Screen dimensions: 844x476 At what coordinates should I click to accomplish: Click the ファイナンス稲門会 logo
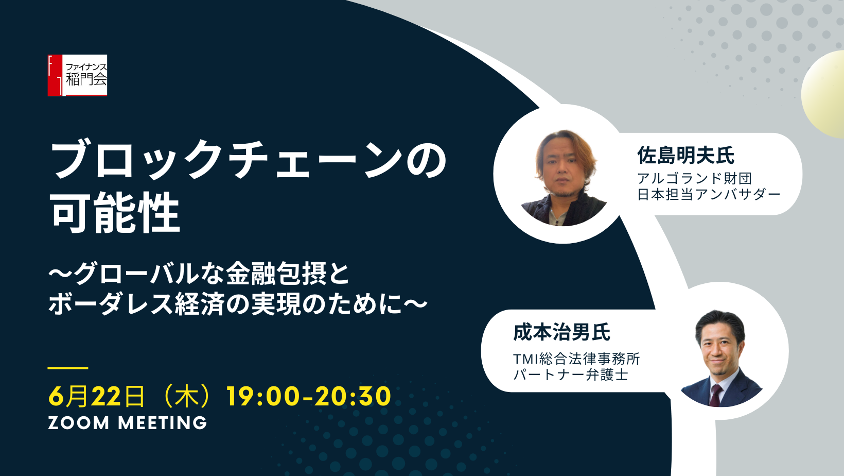pyautogui.click(x=77, y=75)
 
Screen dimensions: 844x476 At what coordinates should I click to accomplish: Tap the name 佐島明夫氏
pyautogui.click(x=685, y=156)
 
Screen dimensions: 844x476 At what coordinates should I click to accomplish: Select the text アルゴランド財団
pyautogui.click(x=694, y=179)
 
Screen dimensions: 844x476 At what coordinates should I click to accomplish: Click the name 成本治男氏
pyautogui.click(x=561, y=332)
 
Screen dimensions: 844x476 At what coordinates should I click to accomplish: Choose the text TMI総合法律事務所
pyautogui.click(x=576, y=359)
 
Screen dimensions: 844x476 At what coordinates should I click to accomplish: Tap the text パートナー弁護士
pyautogui.click(x=570, y=376)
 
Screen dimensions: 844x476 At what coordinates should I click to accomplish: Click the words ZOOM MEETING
pyautogui.click(x=128, y=423)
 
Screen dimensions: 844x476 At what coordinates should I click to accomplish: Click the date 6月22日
pyautogui.click(x=96, y=397)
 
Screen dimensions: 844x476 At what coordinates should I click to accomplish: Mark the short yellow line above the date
pyautogui.click(x=68, y=367)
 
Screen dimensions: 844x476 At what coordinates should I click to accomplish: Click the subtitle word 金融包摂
pyautogui.click(x=276, y=274)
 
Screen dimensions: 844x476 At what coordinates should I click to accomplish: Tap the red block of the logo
pyautogui.click(x=55, y=75)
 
